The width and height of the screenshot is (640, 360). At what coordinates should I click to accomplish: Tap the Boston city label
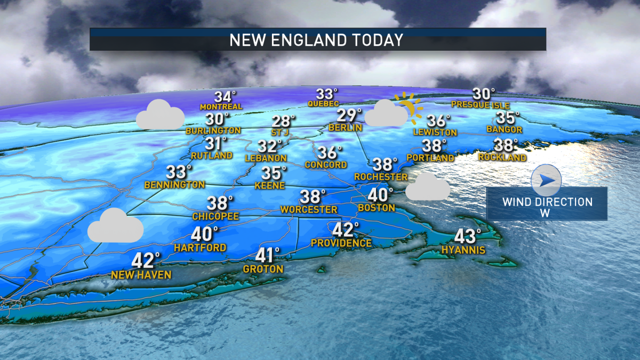[376, 207]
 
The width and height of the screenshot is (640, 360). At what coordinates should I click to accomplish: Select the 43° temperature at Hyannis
[468, 236]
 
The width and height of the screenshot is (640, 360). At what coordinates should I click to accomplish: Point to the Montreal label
[221, 107]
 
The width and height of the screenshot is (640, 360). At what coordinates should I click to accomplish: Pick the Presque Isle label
[480, 105]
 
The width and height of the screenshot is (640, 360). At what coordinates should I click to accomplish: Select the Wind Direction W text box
[547, 207]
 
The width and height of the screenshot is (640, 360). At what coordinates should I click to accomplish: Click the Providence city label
[341, 243]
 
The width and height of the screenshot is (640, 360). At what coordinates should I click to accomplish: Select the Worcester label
[310, 210]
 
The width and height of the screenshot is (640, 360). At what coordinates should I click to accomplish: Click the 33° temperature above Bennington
[178, 172]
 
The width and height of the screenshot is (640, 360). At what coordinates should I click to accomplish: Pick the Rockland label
[502, 157]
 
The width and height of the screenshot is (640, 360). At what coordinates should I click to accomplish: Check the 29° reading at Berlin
[349, 115]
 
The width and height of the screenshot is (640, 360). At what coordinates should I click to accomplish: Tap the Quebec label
[327, 103]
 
